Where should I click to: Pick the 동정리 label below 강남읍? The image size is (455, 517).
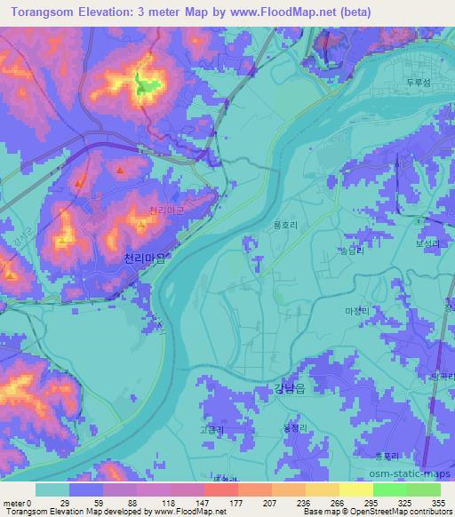293,428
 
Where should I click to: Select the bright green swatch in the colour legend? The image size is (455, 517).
389,489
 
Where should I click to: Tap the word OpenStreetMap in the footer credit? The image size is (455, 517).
377,512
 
